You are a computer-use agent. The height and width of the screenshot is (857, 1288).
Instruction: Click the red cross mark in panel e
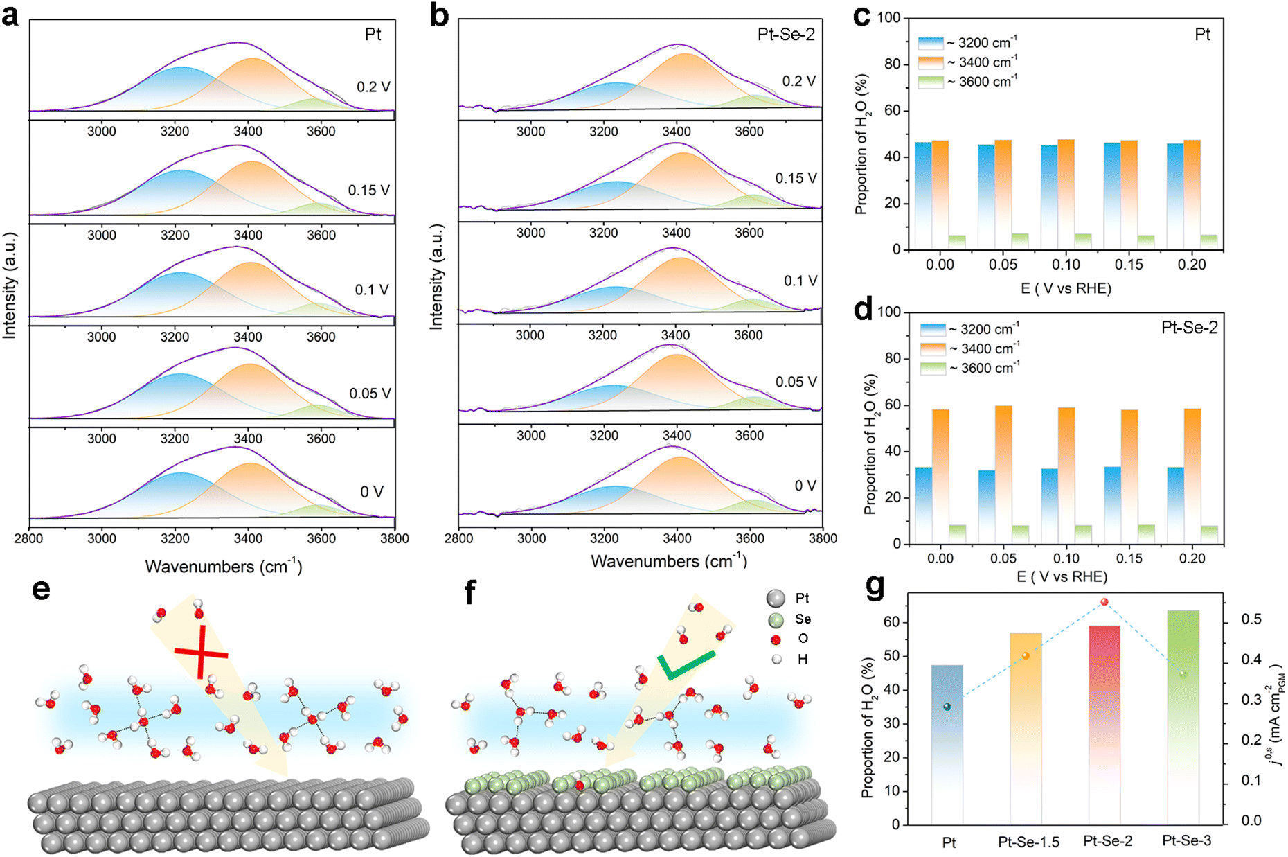pos(201,652)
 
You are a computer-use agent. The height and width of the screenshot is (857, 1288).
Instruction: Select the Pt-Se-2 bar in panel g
pos(1104,725)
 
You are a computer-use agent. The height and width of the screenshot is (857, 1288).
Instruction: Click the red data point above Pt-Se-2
pos(1104,602)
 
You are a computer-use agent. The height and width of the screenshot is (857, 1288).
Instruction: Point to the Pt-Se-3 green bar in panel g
pos(1183,717)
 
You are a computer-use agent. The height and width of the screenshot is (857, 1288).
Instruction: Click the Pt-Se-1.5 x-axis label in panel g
pos(1028,842)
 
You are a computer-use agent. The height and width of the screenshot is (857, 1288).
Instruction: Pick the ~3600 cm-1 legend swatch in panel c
pos(931,82)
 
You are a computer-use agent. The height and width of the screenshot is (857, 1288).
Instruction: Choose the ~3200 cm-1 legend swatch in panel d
pos(933,329)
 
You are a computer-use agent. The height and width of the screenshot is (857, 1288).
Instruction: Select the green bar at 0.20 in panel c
pos(1209,242)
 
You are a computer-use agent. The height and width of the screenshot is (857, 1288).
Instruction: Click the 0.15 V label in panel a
pos(369,190)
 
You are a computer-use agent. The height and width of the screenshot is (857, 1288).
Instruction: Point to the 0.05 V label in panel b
pos(796,382)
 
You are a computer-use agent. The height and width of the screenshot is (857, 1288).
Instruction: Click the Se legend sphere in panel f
pos(776,619)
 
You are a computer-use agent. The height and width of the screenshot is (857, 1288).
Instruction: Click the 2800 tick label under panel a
pos(28,538)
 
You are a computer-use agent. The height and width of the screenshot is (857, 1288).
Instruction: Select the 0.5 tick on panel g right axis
pos(1251,619)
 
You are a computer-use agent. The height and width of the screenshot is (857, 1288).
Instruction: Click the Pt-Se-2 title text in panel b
pos(786,34)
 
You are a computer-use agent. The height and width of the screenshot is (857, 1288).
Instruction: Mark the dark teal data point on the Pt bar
pos(947,707)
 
